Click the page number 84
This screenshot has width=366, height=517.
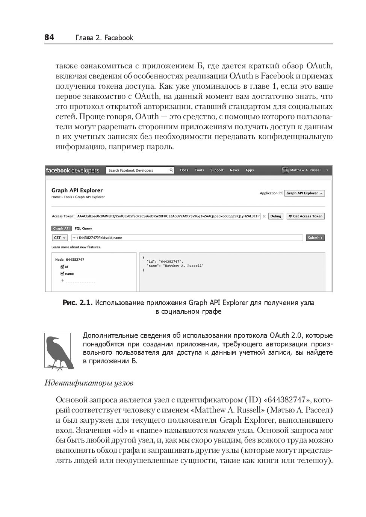pos(49,37)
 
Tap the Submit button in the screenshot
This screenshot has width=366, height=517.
pos(315,238)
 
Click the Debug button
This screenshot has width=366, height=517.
pos(276,216)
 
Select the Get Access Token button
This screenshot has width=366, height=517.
pos(306,216)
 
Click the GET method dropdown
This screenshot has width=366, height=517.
pos(59,238)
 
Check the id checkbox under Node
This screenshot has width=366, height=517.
pos(62,267)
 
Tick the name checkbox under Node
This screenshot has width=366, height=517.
pos(62,274)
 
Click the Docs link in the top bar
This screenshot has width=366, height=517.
pos(184,170)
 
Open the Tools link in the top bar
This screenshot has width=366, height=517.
pos(199,170)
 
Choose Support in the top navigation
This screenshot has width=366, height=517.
pos(217,170)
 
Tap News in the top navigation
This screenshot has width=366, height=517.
pos(234,170)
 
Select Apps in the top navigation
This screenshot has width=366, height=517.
pos(250,170)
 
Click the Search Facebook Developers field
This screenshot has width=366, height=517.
pos(137,171)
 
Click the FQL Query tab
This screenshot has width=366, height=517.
pos(83,228)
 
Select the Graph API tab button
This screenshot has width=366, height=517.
pos(61,228)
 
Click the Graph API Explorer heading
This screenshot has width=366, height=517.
pos(77,190)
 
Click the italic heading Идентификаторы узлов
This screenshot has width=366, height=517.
pos(89,383)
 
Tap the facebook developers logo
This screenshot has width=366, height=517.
pos(73,171)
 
